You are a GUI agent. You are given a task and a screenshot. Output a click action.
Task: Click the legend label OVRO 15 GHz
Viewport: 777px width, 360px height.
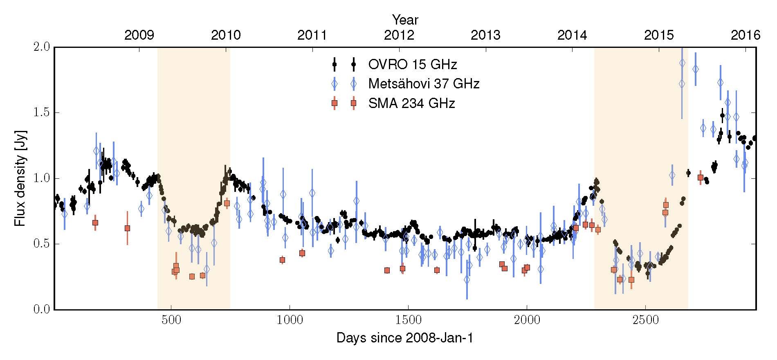pyautogui.click(x=412, y=64)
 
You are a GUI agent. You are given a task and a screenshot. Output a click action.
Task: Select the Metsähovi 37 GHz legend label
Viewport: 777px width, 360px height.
pyautogui.click(x=424, y=84)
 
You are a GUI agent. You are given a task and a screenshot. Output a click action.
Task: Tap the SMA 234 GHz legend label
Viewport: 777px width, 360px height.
pyautogui.click(x=411, y=103)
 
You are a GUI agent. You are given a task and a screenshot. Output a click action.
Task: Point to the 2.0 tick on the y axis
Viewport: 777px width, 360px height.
pyautogui.click(x=41, y=47)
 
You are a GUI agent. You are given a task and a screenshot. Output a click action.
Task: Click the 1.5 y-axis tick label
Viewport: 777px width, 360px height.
pyautogui.click(x=41, y=112)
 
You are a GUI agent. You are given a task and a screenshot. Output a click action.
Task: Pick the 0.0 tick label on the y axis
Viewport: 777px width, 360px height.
pyautogui.click(x=41, y=310)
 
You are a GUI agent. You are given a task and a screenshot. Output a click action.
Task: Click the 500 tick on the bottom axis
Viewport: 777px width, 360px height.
pyautogui.click(x=171, y=320)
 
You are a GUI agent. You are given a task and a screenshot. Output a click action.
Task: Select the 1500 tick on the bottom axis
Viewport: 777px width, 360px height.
pyautogui.click(x=408, y=320)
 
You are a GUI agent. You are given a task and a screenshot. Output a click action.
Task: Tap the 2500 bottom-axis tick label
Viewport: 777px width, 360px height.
pyautogui.click(x=645, y=320)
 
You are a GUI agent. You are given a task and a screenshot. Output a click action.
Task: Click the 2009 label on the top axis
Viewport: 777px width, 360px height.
pyautogui.click(x=139, y=35)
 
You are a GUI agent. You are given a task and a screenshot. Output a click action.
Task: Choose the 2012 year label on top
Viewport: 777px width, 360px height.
pyautogui.click(x=399, y=35)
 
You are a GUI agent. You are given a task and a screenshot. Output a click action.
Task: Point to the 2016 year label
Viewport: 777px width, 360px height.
pyautogui.click(x=745, y=35)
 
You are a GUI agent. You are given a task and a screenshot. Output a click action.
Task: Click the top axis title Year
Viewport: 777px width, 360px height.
pyautogui.click(x=405, y=19)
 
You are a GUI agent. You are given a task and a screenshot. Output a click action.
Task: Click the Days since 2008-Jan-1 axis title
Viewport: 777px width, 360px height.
pyautogui.click(x=405, y=338)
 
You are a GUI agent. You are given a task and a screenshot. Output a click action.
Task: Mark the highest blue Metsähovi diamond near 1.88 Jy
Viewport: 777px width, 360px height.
pyautogui.click(x=682, y=63)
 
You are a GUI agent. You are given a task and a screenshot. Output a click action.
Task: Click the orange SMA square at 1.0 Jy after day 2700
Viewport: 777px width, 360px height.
pyautogui.click(x=701, y=178)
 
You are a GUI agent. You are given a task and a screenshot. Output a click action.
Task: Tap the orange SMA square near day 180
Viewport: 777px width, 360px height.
pyautogui.click(x=95, y=223)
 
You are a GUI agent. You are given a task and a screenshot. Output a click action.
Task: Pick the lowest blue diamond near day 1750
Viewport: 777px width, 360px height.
pyautogui.click(x=467, y=280)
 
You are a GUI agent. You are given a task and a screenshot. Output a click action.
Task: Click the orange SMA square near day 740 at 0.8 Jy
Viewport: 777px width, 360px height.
pyautogui.click(x=227, y=203)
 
